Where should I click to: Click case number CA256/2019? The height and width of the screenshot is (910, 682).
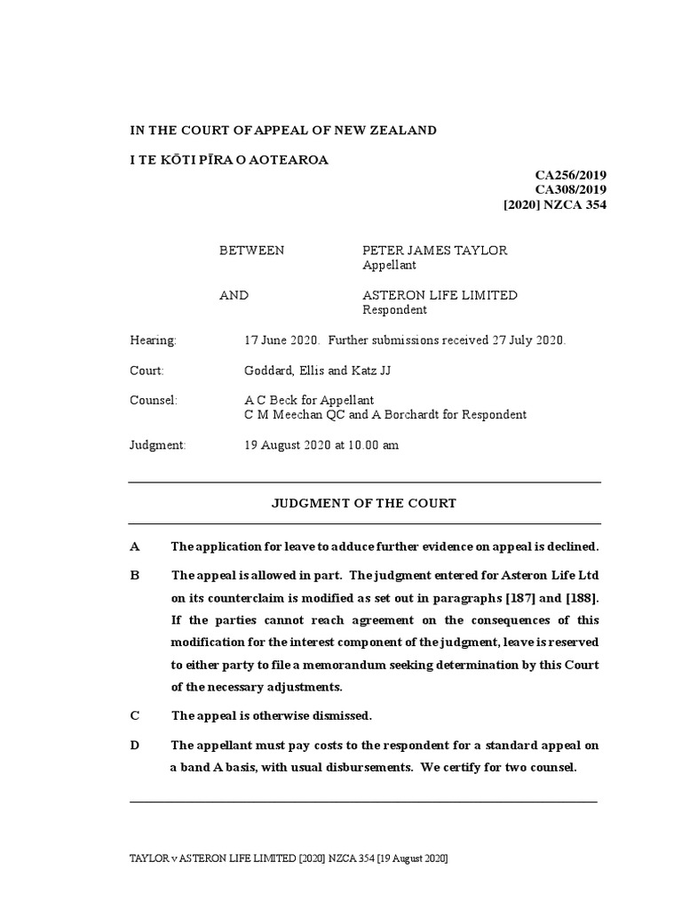(x=570, y=175)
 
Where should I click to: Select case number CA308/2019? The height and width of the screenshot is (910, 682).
(x=570, y=189)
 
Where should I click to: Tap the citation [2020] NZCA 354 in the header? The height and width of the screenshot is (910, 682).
(x=555, y=204)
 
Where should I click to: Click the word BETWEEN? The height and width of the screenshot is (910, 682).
(x=252, y=251)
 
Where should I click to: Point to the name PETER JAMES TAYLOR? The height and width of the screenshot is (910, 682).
(x=435, y=251)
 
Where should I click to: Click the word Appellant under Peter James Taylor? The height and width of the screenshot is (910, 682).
(x=390, y=265)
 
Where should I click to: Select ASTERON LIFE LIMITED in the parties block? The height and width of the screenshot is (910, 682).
(x=440, y=295)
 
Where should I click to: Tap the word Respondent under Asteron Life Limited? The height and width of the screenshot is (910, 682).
(x=395, y=310)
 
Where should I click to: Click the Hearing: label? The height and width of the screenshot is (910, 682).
(x=154, y=340)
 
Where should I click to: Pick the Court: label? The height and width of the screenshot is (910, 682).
(x=147, y=371)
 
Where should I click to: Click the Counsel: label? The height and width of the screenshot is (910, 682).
(x=154, y=400)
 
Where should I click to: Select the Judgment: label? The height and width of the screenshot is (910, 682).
(x=158, y=445)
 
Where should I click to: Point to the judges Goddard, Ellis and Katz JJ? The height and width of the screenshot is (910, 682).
(x=317, y=371)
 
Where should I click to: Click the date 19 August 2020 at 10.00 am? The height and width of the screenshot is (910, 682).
(x=321, y=445)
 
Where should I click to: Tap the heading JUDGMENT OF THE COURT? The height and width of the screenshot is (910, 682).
(x=363, y=503)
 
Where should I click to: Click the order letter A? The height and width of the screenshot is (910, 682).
(x=134, y=546)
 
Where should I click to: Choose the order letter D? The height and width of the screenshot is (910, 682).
(x=135, y=745)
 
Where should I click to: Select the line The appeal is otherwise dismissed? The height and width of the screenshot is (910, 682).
(x=272, y=715)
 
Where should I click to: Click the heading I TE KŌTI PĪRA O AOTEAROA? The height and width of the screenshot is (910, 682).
(x=229, y=160)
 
